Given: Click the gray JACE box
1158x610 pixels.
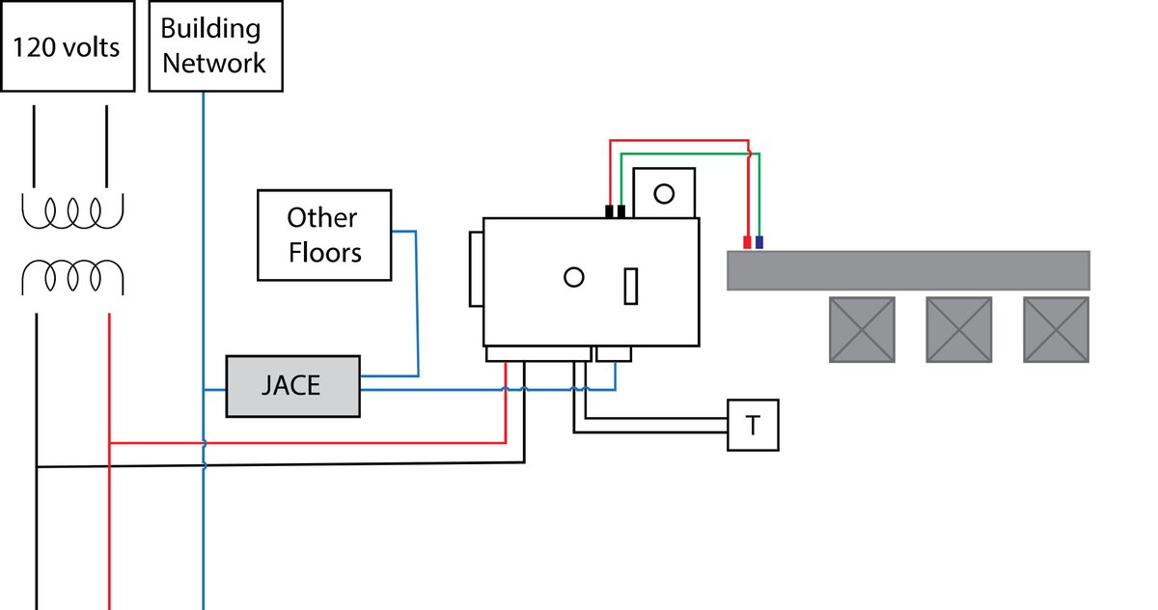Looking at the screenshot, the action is pyautogui.click(x=293, y=386).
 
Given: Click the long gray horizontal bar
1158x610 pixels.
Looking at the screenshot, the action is pyautogui.click(x=909, y=270).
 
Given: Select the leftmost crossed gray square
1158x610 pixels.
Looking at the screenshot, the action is pyautogui.click(x=863, y=330).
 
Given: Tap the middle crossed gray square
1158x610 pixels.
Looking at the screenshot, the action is pyautogui.click(x=959, y=330).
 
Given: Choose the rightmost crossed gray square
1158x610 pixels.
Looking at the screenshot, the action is pyautogui.click(x=1056, y=330).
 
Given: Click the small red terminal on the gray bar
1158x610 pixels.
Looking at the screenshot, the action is pyautogui.click(x=747, y=242).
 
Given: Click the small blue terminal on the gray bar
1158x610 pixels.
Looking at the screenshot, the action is pyautogui.click(x=759, y=242).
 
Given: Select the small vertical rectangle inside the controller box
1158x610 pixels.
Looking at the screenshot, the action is pyautogui.click(x=631, y=286).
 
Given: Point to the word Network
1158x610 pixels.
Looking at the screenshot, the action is pyautogui.click(x=214, y=63).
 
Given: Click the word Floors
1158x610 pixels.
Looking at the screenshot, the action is pyautogui.click(x=325, y=253).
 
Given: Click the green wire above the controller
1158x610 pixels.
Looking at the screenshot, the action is pyautogui.click(x=691, y=153).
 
